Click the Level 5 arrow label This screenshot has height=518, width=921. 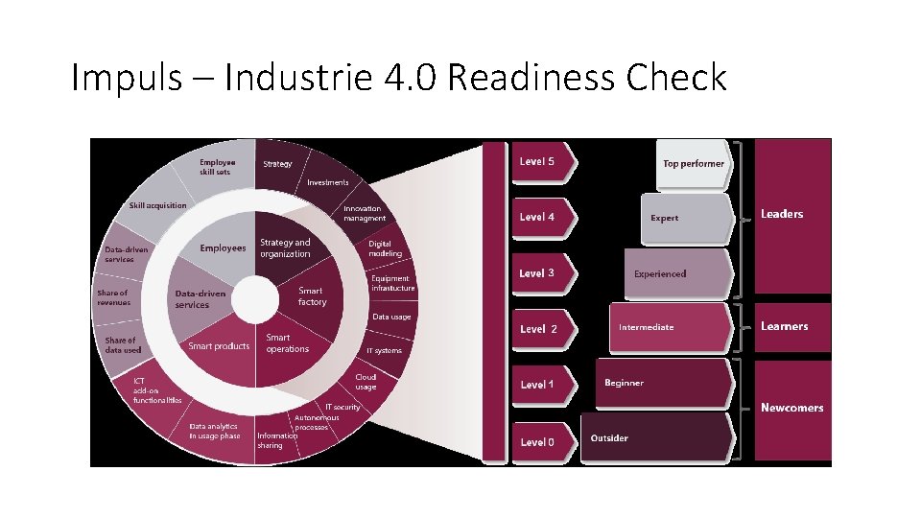coord(538,162)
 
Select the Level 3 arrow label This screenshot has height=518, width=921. coord(538,273)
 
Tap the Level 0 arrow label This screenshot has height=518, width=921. coord(538,441)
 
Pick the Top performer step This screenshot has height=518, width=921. coord(693,163)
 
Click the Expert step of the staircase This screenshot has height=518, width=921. coord(665,218)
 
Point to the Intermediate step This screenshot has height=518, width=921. coord(646,327)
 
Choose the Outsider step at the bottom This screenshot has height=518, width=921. coord(610,438)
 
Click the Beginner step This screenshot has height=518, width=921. coord(624,383)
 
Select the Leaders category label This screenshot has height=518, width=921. coord(782,214)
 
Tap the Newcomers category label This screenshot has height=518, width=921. coord(791,407)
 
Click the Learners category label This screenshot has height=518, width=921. coord(784,326)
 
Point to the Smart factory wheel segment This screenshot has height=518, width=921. coord(312,296)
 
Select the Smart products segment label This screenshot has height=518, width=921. coord(220,346)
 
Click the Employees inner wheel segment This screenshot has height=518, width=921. coord(223,247)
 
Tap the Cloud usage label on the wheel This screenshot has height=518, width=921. coord(366,382)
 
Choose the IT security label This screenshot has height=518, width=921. coord(342,407)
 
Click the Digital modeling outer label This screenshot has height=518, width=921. coord(386,248)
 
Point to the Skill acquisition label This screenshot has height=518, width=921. coord(158,205)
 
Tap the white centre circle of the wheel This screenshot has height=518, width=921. coord(255,301)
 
